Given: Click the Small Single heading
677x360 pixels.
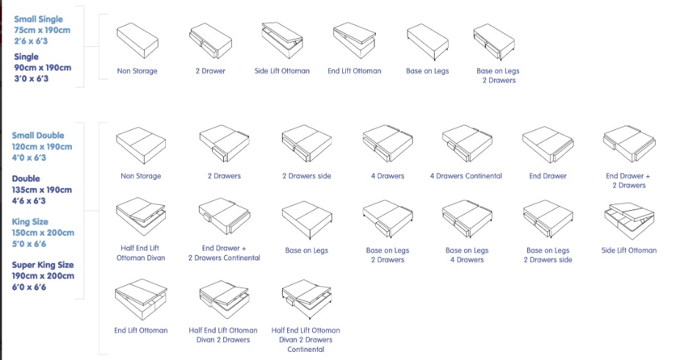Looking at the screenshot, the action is (38, 19).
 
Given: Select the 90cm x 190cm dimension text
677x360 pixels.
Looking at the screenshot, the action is (43, 68).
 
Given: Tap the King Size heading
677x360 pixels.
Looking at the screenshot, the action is (30, 222).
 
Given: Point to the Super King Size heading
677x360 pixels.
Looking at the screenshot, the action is (43, 265).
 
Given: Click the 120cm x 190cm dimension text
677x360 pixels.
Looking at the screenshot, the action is (42, 146).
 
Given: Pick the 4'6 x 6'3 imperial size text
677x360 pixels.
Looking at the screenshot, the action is (29, 201).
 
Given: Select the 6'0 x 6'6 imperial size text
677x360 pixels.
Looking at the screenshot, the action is (29, 287).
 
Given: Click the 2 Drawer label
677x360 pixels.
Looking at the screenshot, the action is (210, 71).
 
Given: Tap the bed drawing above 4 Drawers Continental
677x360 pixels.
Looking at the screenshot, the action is (467, 143).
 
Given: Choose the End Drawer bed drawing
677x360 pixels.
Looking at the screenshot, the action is (548, 145).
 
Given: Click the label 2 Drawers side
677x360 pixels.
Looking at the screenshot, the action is (306, 176).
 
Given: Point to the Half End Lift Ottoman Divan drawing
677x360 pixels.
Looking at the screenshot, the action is (140, 217).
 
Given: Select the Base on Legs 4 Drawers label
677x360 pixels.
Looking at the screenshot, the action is (467, 255).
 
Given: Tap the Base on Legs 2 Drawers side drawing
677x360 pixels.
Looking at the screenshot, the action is (548, 219).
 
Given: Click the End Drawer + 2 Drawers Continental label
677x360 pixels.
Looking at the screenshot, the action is (224, 253).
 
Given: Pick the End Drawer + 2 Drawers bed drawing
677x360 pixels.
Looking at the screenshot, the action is (629, 144).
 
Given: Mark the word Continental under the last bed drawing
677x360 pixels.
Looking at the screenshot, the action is (305, 349).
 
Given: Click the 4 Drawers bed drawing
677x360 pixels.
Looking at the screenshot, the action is (387, 143).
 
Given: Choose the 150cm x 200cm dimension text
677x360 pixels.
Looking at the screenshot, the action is (43, 232).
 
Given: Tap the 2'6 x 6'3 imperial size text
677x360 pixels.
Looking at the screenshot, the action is (31, 41).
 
